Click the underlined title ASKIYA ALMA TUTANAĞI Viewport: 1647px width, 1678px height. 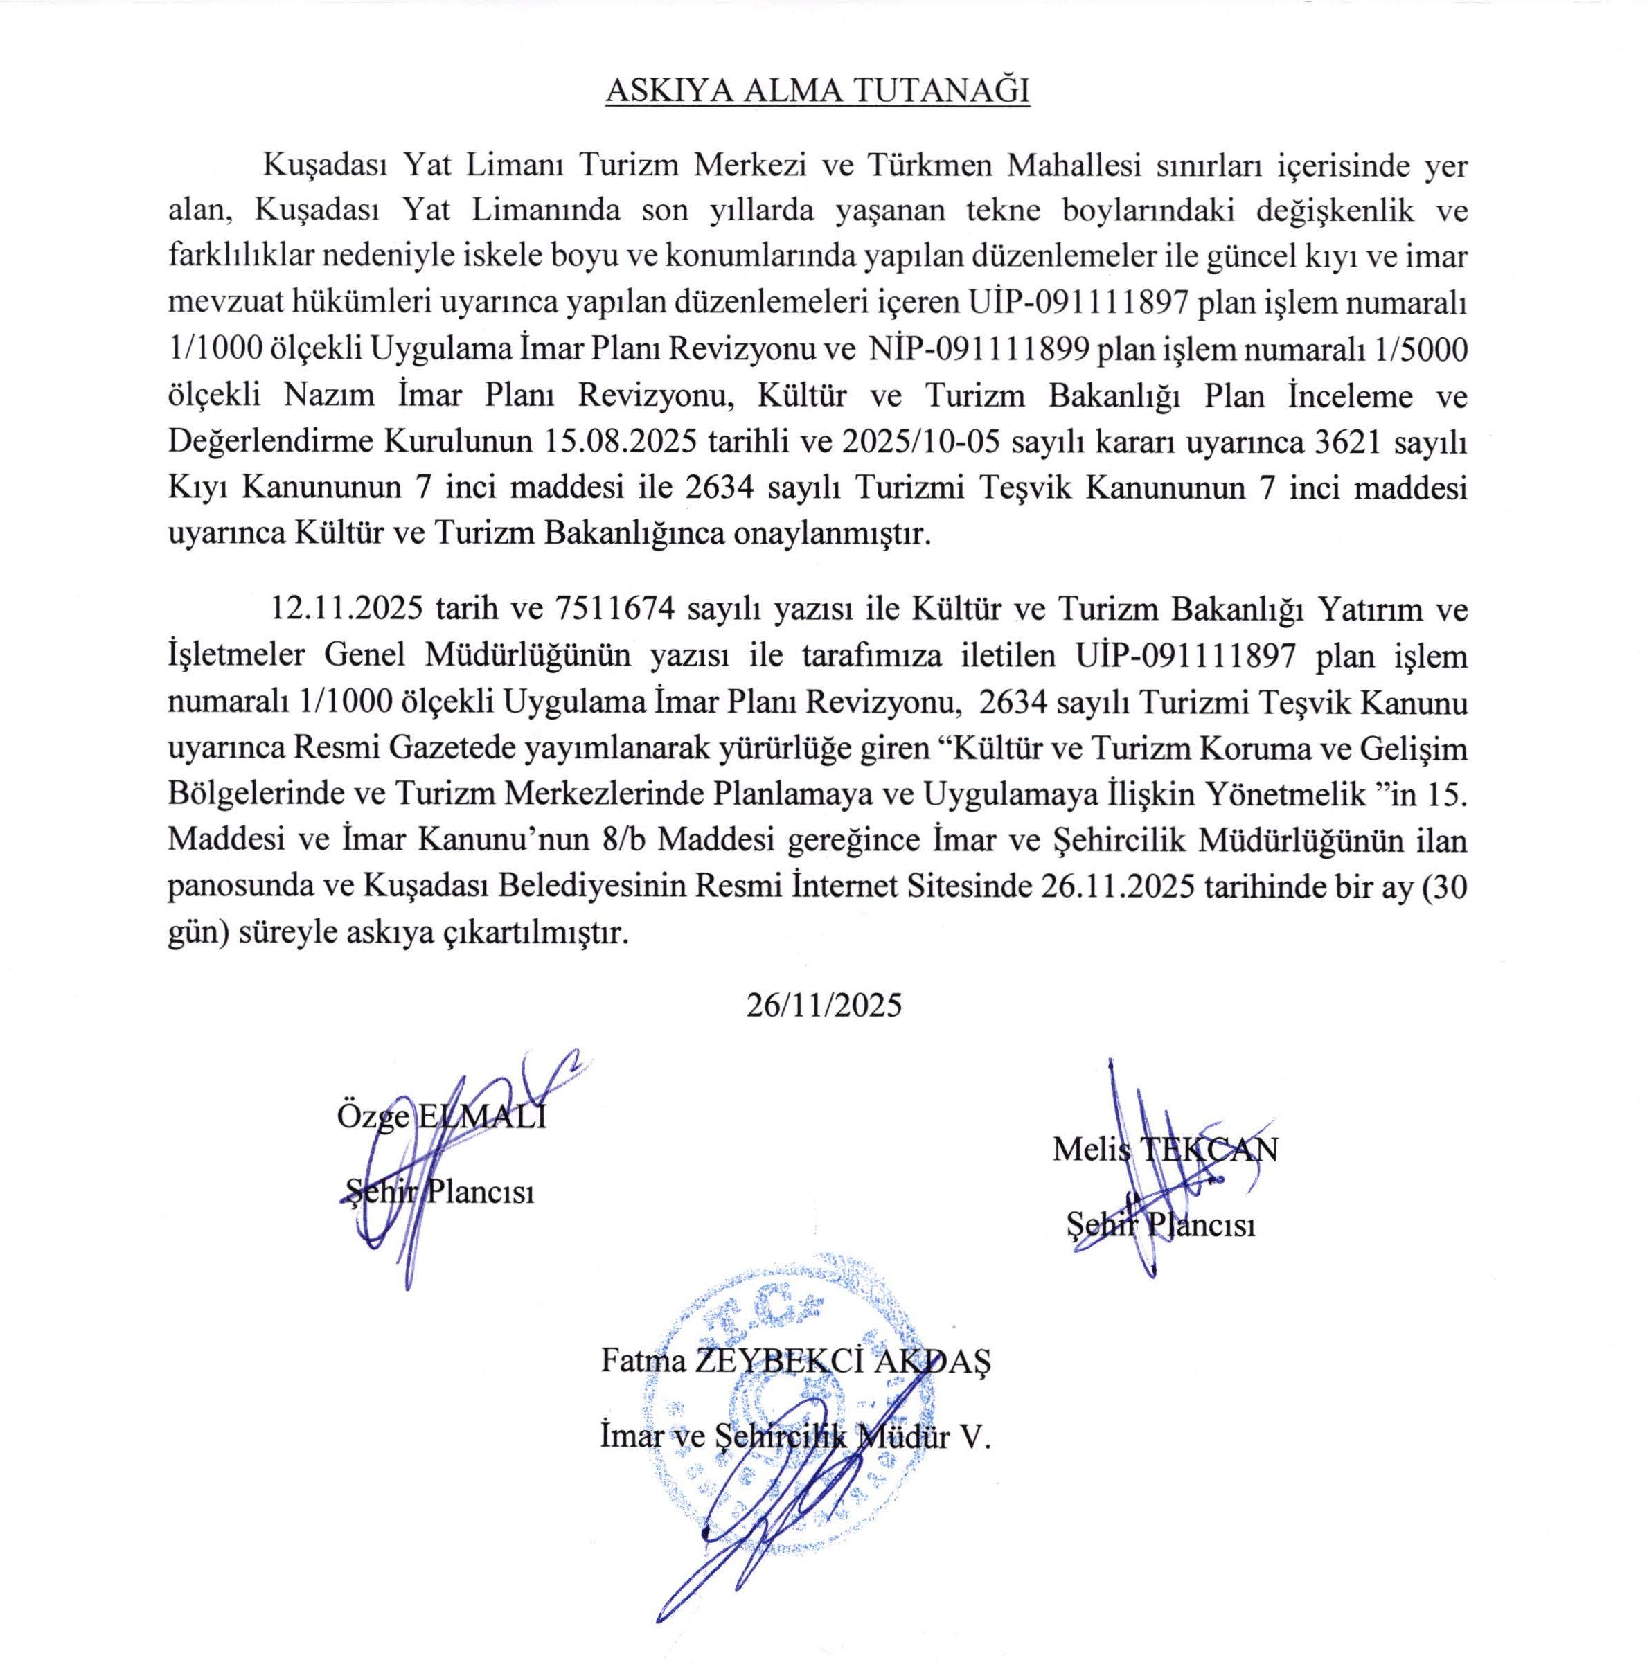(x=817, y=91)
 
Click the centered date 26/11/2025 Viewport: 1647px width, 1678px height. (x=824, y=1004)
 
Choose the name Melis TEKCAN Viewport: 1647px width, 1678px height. (x=1165, y=1149)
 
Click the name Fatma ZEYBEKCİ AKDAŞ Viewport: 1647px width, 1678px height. (x=796, y=1362)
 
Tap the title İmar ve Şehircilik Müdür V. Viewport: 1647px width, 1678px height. (x=793, y=1438)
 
